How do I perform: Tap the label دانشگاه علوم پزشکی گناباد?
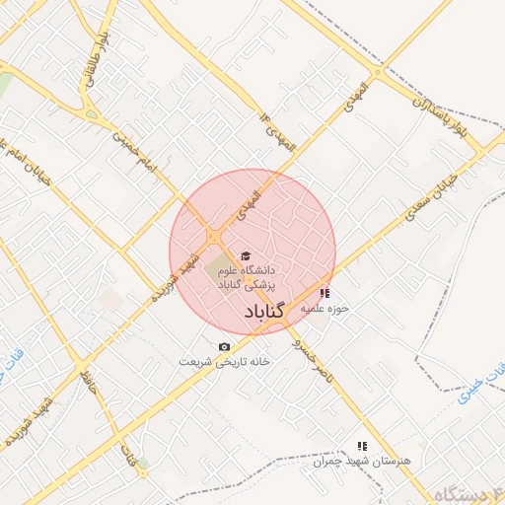tap(251, 276)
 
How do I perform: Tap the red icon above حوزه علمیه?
tap(325, 292)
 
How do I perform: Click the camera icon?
tap(224, 346)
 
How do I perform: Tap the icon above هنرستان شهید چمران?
tap(361, 446)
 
